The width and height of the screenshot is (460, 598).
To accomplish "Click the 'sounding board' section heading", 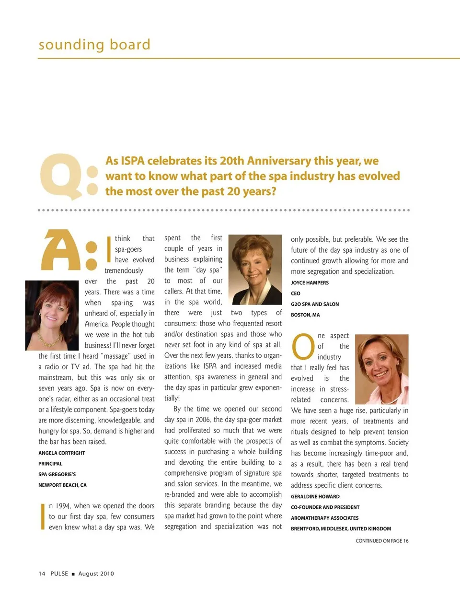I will point(94,45).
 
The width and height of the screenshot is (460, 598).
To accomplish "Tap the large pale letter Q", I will point(60,176).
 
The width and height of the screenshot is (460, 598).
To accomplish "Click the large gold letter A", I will point(61,250).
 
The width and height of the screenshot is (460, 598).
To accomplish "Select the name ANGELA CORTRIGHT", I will point(62,453).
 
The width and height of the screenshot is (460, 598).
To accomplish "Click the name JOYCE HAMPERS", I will point(310,283).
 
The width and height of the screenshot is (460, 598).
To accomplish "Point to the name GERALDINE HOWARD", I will point(315,497).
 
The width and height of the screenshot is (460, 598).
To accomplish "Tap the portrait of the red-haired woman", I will point(52,315).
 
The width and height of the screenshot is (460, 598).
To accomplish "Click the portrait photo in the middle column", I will point(257,270).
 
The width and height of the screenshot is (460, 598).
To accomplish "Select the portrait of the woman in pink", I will point(382,369).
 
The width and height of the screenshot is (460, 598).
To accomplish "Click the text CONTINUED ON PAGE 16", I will point(382,541).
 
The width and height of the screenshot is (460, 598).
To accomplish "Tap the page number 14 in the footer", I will point(42,574).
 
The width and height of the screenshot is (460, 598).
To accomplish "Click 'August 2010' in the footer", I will point(96,574).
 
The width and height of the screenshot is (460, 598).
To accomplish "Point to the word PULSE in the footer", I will point(59,574).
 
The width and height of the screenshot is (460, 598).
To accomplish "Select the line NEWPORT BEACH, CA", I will point(62,485).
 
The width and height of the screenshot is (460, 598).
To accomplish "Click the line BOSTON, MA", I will point(305,315).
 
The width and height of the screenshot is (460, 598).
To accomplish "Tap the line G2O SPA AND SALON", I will point(314,305).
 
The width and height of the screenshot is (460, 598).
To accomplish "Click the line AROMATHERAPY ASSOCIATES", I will point(324,518).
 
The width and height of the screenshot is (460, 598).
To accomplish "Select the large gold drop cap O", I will point(303,347).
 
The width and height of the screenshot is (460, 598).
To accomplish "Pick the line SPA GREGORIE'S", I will point(57,474).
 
